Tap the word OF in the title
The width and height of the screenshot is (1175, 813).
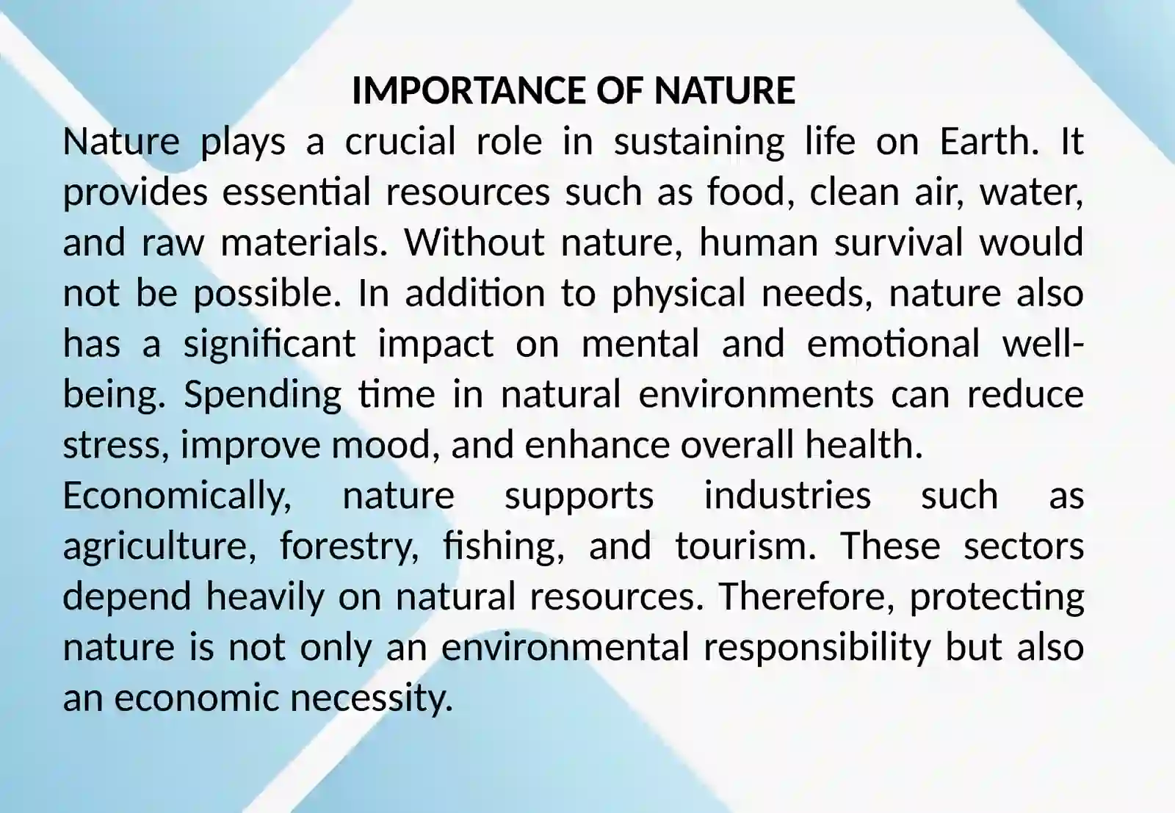point(620,90)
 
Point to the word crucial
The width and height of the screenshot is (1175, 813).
point(400,141)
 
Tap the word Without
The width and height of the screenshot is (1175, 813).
point(474,242)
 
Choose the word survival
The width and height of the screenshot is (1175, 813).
point(899,242)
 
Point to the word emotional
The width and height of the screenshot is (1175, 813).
point(893,344)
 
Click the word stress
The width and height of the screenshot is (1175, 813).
point(117,446)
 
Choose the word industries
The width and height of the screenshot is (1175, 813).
point(787,496)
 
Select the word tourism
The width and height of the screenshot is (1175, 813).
point(745,546)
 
